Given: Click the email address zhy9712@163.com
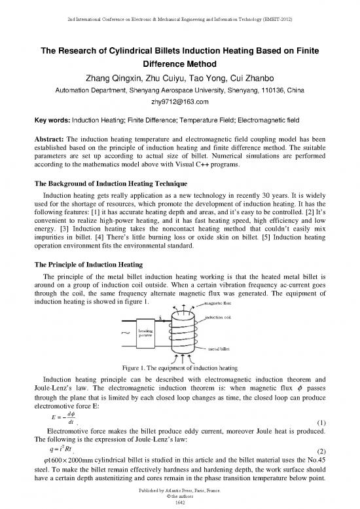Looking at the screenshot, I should [180, 102].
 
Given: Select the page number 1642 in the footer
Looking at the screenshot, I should [180, 502].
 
